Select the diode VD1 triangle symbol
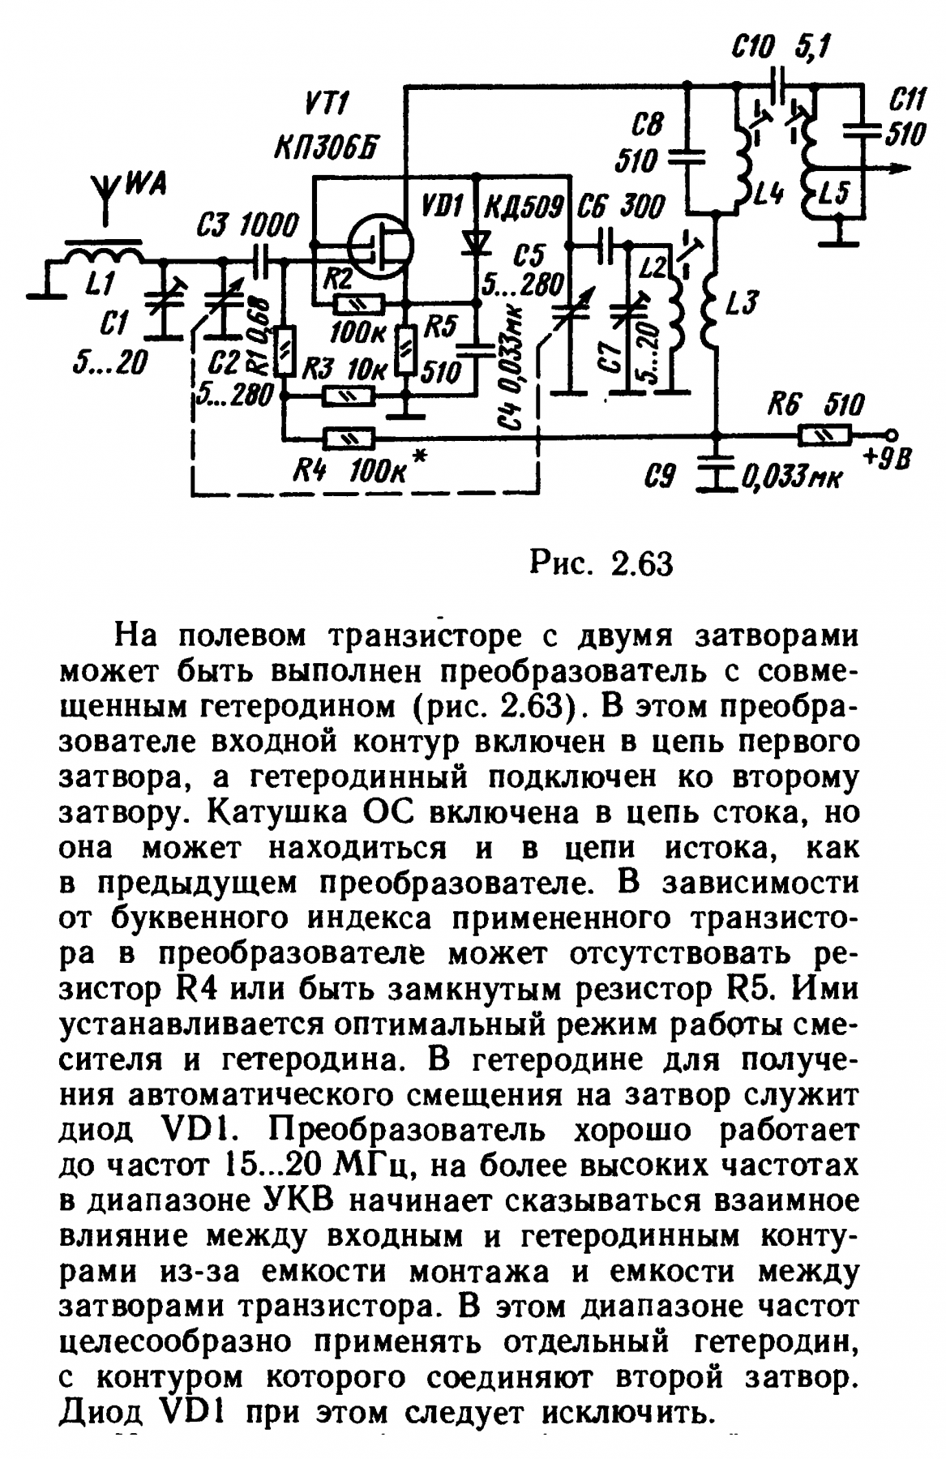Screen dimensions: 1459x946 click(x=477, y=241)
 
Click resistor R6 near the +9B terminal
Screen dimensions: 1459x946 click(x=824, y=435)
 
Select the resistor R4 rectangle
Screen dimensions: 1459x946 click(x=349, y=439)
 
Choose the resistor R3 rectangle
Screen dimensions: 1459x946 click(x=349, y=396)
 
